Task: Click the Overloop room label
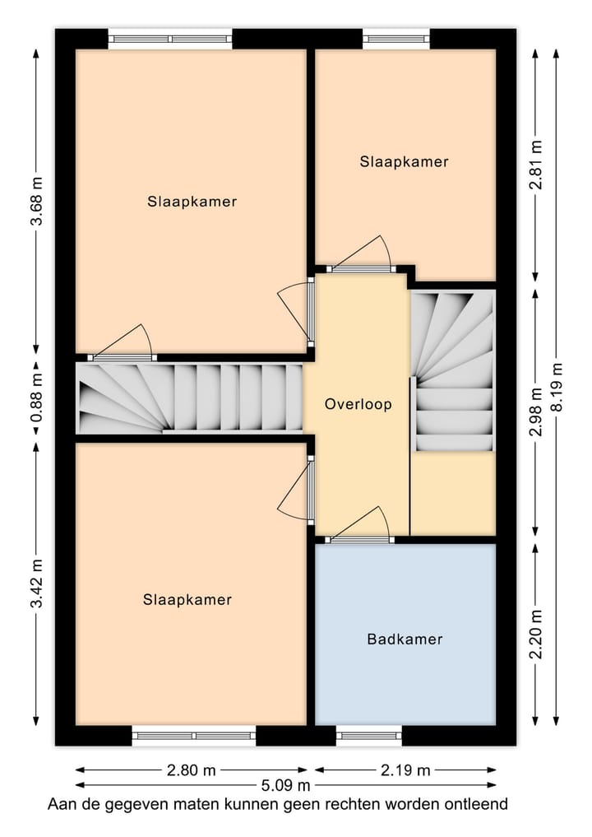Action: [x=358, y=404]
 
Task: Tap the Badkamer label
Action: [x=405, y=639]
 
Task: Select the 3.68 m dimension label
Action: [x=36, y=202]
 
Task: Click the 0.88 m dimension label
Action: [x=36, y=398]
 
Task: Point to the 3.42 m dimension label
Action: [x=36, y=584]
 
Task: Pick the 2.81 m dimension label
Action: [x=536, y=165]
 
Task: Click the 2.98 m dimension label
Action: [x=536, y=412]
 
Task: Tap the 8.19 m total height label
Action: [x=557, y=387]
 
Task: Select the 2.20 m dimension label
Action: [x=536, y=635]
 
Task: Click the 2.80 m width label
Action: [x=191, y=770]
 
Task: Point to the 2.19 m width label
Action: [x=405, y=770]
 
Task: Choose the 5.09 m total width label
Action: [x=285, y=785]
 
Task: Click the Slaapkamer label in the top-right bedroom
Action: [x=404, y=162]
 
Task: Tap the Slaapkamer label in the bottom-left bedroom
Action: [x=187, y=599]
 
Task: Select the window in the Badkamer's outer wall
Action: [x=369, y=736]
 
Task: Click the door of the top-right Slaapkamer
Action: [x=361, y=268]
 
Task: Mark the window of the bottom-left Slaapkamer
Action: [x=193, y=736]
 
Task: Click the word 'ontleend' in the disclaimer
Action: [x=474, y=804]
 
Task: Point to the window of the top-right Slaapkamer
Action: [x=396, y=39]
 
